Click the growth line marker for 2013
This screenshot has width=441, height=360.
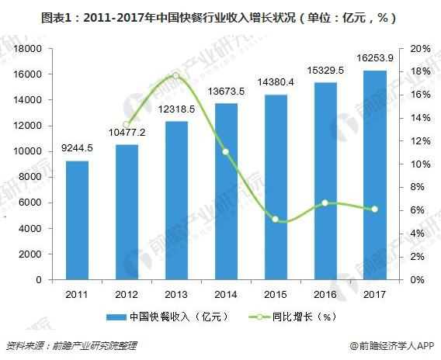(175, 75)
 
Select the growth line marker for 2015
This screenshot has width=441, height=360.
(275, 220)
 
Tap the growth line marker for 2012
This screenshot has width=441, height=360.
(126, 124)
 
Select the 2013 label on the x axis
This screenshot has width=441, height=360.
(175, 294)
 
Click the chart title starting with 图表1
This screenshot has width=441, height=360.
(220, 16)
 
